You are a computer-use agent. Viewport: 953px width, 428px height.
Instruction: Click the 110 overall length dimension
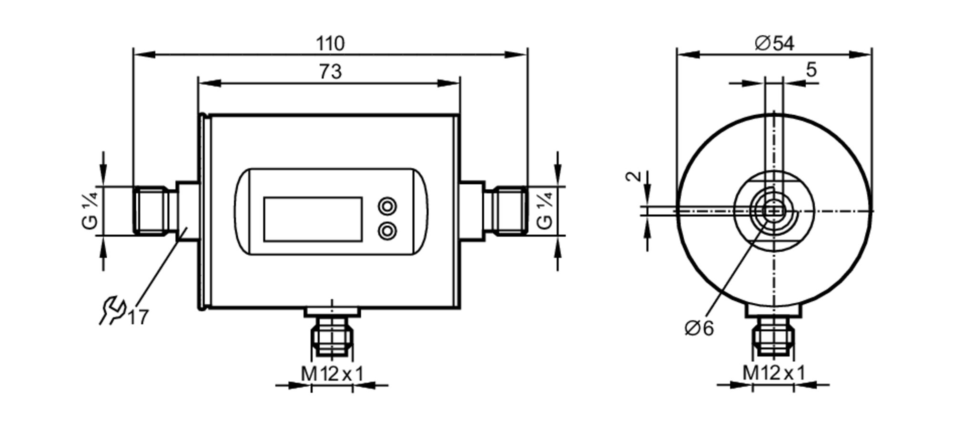pos(330,44)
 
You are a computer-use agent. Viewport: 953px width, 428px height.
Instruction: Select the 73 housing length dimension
pos(330,72)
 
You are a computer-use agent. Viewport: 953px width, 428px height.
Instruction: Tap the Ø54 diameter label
pos(774,44)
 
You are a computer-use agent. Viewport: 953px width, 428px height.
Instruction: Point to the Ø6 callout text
pos(699,328)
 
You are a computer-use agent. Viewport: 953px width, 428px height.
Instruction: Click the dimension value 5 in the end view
pos(811,70)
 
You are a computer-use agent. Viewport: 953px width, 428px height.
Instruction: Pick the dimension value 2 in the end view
pos(634,176)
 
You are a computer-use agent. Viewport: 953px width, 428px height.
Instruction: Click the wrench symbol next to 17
pos(112,310)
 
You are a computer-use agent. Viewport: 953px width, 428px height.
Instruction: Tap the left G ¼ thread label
pos(90,210)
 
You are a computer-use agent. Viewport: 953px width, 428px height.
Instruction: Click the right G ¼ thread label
pos(544,210)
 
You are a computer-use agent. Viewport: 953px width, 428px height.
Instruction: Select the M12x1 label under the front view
pos(332,374)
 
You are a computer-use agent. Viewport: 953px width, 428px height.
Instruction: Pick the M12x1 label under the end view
pos(774,373)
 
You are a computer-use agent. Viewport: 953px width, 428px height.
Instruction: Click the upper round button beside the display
pos(387,206)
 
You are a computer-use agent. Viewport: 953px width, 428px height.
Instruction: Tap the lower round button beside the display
pos(387,231)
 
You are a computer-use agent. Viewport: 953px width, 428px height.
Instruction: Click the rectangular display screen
pos(313,219)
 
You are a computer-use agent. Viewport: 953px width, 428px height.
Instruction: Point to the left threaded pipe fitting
pos(151,210)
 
